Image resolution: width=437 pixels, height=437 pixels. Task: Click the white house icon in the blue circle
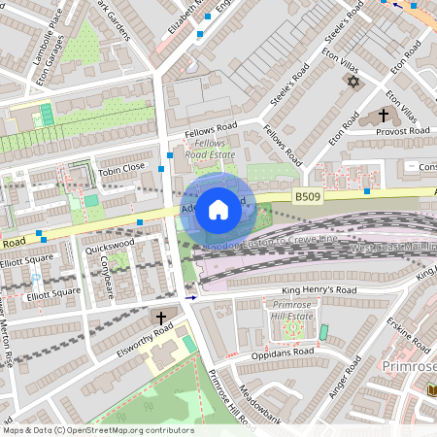218,209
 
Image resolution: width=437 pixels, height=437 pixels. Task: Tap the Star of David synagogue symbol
352,82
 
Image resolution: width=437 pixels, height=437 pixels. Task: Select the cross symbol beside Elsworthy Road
161,318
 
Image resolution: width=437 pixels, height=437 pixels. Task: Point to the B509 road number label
308,196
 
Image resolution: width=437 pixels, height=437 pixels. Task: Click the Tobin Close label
121,166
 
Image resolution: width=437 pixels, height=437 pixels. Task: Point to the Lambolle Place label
46,46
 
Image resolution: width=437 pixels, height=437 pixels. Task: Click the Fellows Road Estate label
211,149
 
